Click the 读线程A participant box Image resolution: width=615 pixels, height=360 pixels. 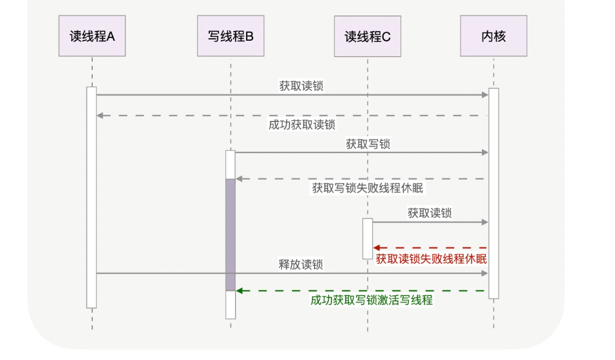92,36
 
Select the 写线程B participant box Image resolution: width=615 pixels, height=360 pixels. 231,36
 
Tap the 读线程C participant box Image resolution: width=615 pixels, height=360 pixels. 367,36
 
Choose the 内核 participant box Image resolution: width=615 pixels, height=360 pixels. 494,36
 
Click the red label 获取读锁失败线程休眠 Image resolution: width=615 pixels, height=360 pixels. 431,259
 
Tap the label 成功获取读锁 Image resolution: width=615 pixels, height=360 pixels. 302,125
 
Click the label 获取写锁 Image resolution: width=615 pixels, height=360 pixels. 368,144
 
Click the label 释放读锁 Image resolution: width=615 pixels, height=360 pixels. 300,264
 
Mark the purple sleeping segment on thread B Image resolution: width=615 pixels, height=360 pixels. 231,235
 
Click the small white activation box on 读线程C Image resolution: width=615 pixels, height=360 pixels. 367,238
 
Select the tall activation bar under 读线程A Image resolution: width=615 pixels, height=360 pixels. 92,197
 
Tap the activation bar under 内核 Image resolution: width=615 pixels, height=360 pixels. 494,193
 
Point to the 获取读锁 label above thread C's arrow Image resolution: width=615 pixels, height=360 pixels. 429,213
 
